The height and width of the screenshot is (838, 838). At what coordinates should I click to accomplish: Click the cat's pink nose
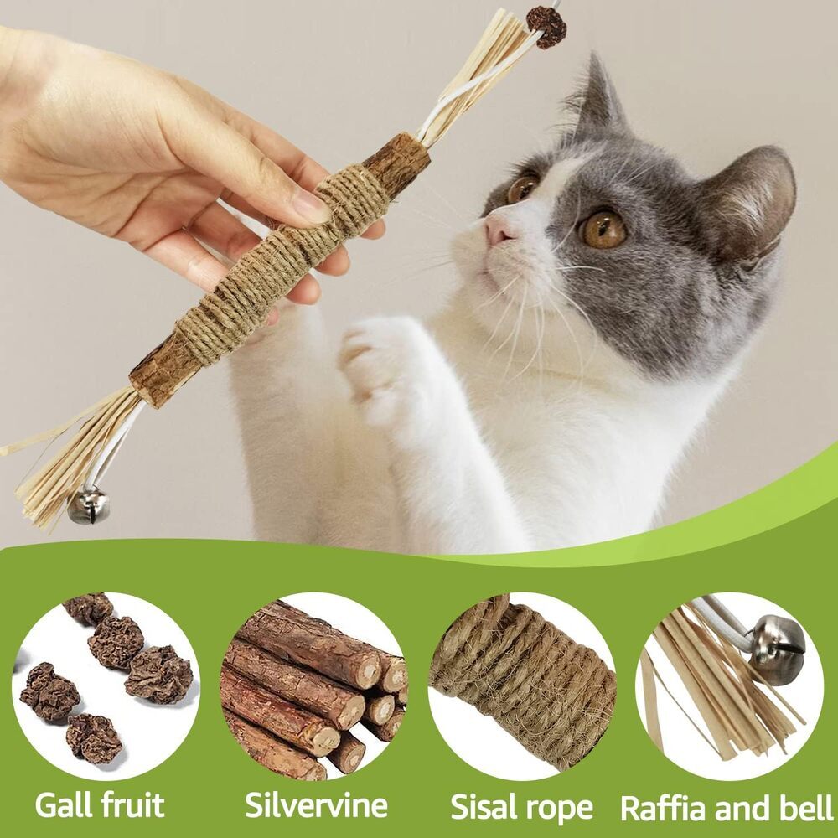point(499,227)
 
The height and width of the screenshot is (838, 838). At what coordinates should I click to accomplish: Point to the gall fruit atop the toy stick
point(546,26)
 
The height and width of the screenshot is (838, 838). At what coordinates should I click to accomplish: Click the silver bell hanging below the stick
point(87,506)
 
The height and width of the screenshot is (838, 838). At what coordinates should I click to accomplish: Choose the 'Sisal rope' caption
point(521,807)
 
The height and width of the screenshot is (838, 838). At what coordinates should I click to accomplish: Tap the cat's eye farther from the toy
point(604,228)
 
